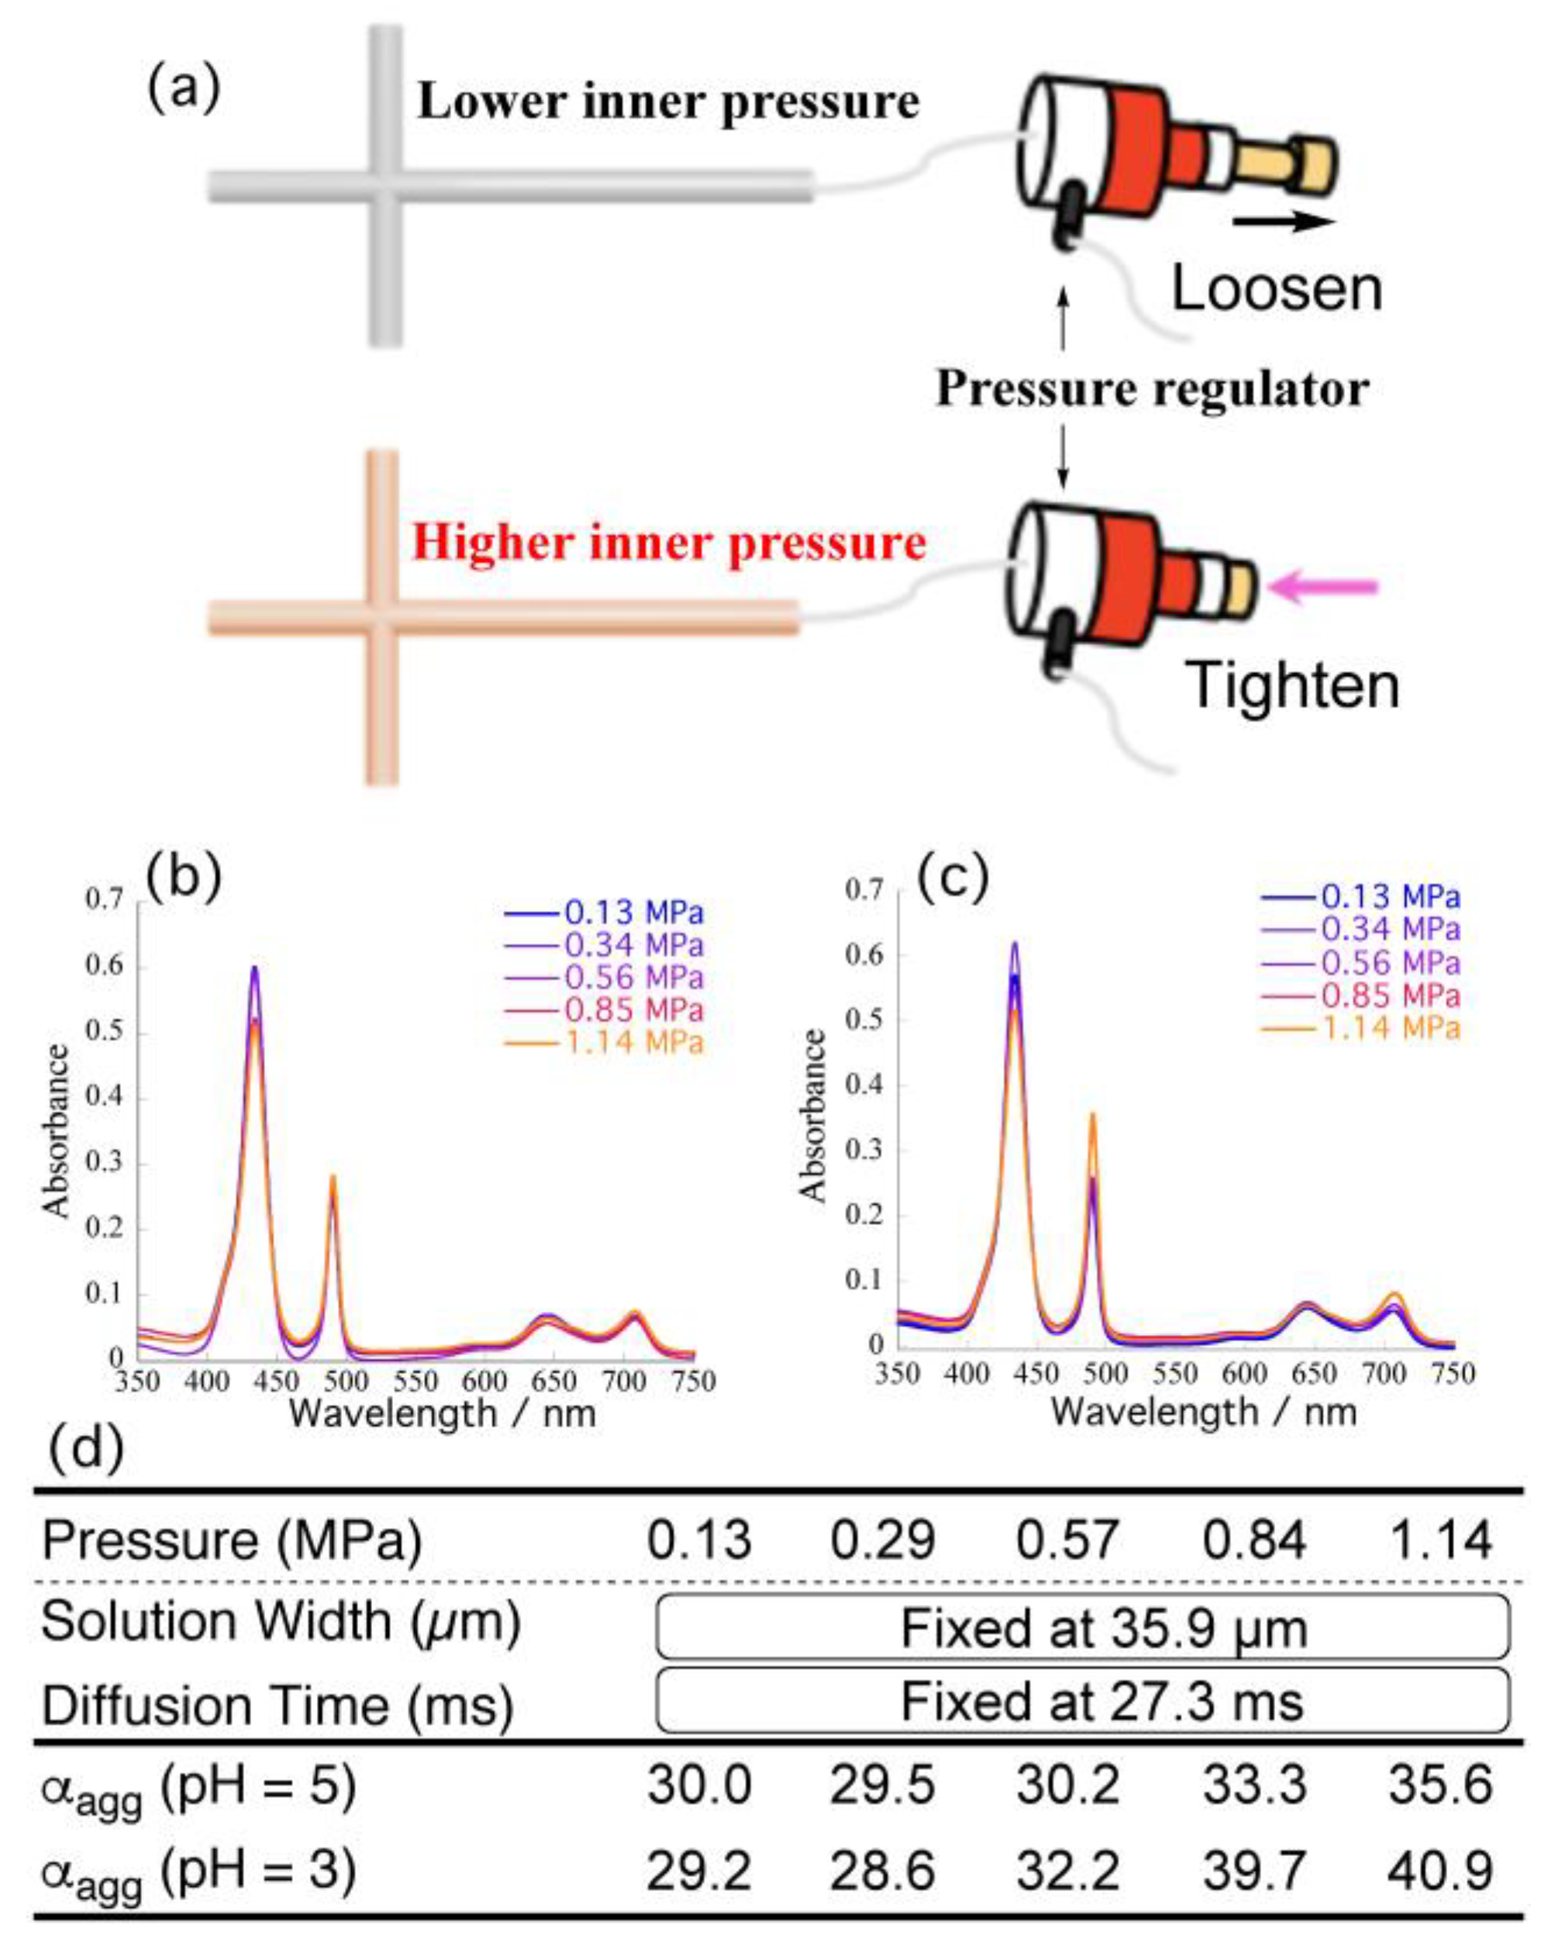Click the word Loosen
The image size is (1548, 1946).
(1275, 290)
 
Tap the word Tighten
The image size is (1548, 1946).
(1291, 686)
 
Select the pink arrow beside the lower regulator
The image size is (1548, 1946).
(1322, 588)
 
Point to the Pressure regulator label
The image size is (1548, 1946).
(1152, 389)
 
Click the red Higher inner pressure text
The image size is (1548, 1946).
(669, 543)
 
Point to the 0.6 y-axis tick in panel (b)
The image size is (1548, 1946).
(104, 966)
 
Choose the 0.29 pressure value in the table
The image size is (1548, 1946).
(882, 1539)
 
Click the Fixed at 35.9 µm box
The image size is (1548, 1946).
(1082, 1627)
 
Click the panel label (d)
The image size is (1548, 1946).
(86, 1451)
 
